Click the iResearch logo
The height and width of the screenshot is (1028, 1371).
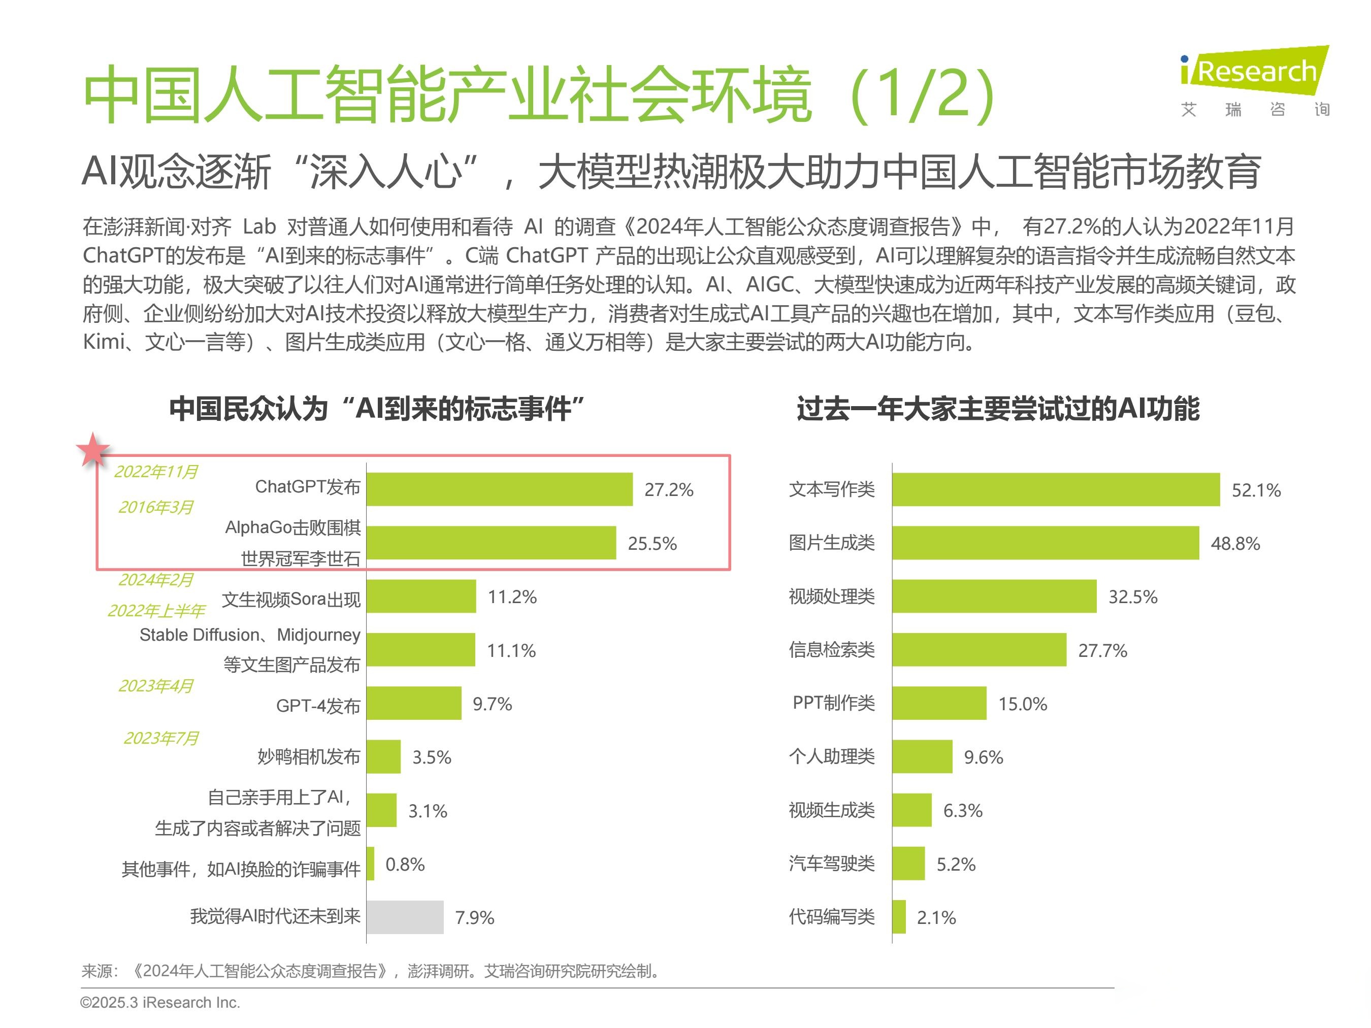click(1254, 81)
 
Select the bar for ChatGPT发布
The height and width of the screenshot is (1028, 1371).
click(499, 489)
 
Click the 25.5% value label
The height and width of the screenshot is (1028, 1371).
click(652, 543)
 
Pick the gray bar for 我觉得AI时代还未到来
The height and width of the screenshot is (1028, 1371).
click(405, 917)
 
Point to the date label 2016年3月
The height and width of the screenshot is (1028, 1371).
click(155, 508)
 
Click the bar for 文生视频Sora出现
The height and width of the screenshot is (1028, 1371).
click(421, 596)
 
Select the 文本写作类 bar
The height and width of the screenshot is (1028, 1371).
click(1056, 489)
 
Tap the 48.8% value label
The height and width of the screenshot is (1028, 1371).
click(1235, 543)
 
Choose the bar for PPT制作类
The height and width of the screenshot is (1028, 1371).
click(939, 703)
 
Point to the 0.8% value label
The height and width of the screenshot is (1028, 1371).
click(405, 864)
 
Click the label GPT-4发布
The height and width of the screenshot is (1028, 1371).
click(318, 706)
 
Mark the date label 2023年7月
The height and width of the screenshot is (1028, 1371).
click(161, 738)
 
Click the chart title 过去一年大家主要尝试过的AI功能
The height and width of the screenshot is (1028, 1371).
click(998, 410)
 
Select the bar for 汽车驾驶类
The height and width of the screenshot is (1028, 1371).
click(908, 864)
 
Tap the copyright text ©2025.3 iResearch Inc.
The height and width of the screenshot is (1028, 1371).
click(160, 1003)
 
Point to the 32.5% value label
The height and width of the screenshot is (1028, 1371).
click(1132, 596)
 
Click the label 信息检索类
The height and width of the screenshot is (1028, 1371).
click(831, 649)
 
